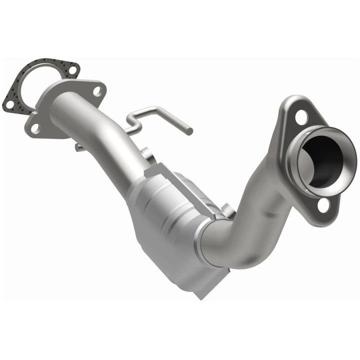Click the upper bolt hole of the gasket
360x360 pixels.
click(x=72, y=70)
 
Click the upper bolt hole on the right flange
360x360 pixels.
click(x=301, y=117)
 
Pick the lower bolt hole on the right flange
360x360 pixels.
click(x=323, y=204)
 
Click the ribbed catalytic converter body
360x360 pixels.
click(x=165, y=210)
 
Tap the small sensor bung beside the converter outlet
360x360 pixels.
click(x=227, y=209)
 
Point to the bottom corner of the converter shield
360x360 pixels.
click(x=200, y=295)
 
